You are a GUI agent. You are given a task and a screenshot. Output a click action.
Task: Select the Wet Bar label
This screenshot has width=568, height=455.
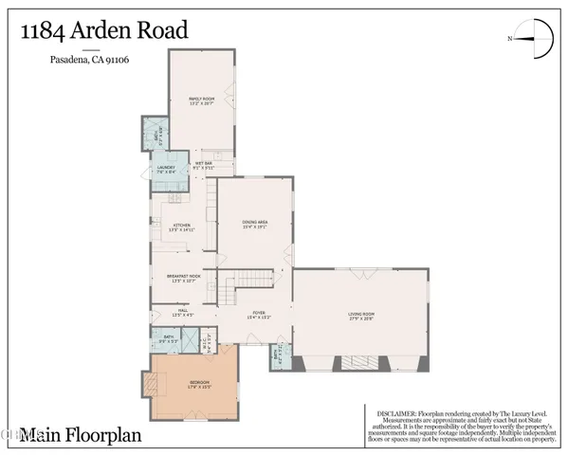pyautogui.click(x=202, y=165)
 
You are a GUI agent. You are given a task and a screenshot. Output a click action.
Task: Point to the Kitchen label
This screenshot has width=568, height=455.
pyautogui.click(x=180, y=227)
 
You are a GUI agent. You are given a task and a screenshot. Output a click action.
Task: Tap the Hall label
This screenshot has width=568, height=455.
pyautogui.click(x=183, y=310)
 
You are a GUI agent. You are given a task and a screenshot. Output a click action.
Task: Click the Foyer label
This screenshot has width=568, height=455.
pyautogui.click(x=258, y=315)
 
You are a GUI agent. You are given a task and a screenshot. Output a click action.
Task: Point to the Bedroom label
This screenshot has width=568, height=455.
pyautogui.click(x=199, y=383)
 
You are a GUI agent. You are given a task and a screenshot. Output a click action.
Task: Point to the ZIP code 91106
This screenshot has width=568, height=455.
pyautogui.click(x=119, y=61)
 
